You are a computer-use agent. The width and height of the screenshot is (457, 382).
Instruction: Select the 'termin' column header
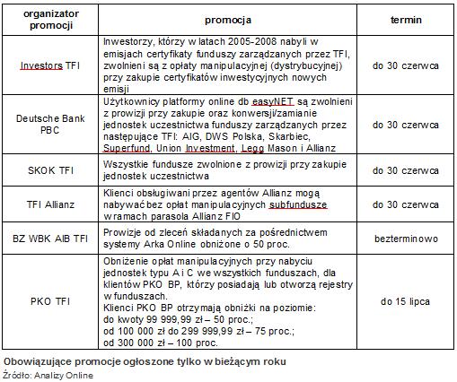(406, 19)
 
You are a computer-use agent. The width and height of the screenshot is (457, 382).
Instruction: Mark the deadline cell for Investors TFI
(405, 65)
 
